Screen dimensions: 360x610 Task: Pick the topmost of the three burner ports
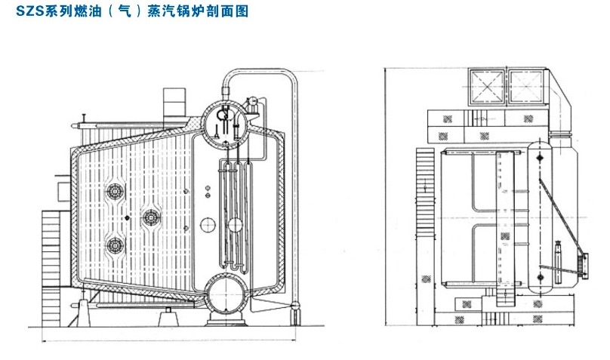[116, 192]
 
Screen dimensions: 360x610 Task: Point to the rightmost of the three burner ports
[151, 218]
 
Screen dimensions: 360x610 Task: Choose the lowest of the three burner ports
[116, 245]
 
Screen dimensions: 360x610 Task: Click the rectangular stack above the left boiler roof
[174, 100]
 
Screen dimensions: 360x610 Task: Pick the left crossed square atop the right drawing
[486, 89]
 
